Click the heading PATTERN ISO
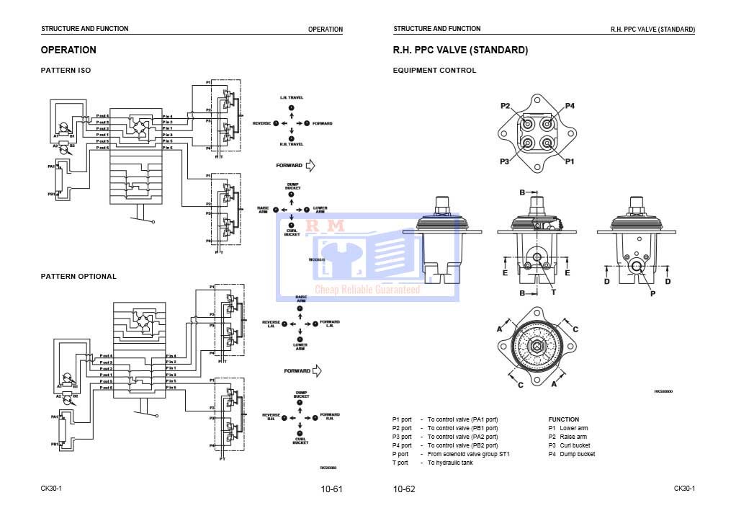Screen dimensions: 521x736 [66, 71]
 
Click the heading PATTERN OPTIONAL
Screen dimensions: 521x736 [78, 276]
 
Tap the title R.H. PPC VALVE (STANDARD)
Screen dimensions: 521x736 [460, 50]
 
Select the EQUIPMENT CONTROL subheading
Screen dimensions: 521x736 [434, 71]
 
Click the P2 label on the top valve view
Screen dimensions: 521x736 [506, 106]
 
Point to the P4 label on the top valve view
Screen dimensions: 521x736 [570, 106]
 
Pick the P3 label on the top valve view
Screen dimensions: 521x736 [505, 161]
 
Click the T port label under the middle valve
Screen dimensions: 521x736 [553, 292]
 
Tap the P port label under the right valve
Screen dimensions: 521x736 [652, 293]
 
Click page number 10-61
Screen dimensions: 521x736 [331, 489]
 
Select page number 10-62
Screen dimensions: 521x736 [404, 489]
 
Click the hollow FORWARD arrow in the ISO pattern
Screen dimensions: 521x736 [311, 166]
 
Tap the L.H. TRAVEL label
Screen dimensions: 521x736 [292, 97]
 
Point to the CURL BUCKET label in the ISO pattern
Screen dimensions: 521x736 [292, 232]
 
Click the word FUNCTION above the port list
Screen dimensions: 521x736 [563, 419]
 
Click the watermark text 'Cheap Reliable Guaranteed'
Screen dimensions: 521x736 [367, 289]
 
